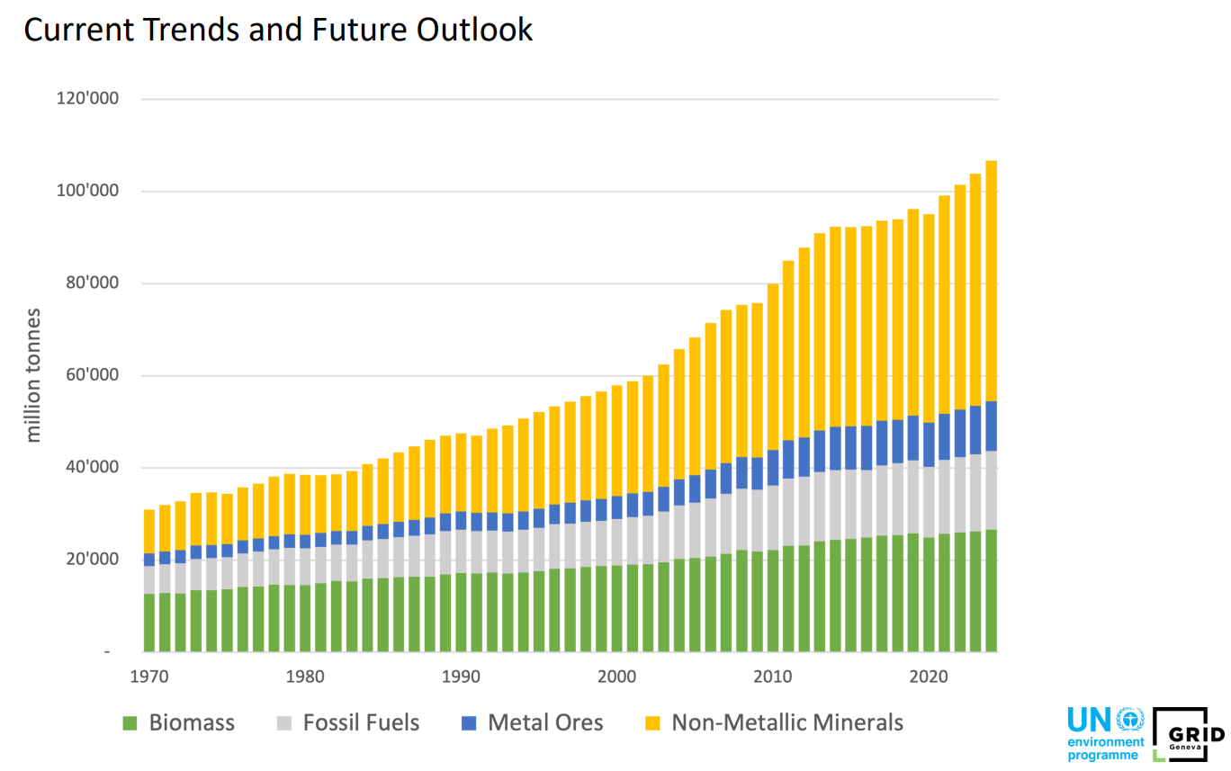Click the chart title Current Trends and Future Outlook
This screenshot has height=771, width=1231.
point(278,30)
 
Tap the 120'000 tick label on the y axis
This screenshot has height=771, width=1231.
point(87,98)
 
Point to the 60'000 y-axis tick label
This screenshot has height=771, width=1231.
point(88,375)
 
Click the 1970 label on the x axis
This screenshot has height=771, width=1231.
point(149,677)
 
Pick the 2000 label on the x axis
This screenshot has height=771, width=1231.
point(616,677)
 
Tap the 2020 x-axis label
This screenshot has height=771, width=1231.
point(928,677)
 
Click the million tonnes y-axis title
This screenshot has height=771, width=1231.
point(33,375)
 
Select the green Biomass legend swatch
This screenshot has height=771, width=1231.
point(130,723)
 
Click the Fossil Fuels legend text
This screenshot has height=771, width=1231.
point(361,722)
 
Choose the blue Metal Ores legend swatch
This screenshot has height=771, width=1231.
point(469,723)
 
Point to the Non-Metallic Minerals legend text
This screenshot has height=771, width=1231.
point(787,722)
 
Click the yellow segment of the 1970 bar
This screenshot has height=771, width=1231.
point(149,532)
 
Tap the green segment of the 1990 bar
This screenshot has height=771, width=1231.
point(461,613)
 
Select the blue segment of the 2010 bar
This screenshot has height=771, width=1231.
point(773,468)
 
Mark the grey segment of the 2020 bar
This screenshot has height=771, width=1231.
point(929,502)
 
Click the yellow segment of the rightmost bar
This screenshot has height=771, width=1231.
point(991,281)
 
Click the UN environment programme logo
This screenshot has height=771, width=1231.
point(1106,735)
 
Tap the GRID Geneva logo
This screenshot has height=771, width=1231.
point(1188,735)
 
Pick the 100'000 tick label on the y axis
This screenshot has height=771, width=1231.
point(87,191)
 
